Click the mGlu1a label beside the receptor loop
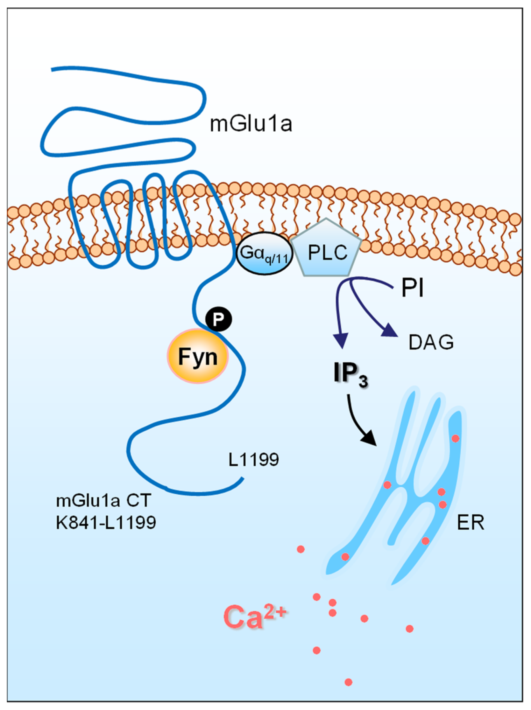tap(251, 125)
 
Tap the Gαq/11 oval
tap(264, 254)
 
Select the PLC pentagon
tap(327, 251)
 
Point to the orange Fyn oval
tap(198, 356)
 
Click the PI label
tap(413, 289)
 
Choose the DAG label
tap(431, 343)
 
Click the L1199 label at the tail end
tap(253, 459)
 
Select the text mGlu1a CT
tap(103, 500)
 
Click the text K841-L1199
tap(106, 522)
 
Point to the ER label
tap(470, 523)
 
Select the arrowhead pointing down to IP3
tap(341, 340)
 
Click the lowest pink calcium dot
tap(348, 682)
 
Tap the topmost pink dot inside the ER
tap(455, 438)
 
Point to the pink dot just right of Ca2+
tap(317, 597)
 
